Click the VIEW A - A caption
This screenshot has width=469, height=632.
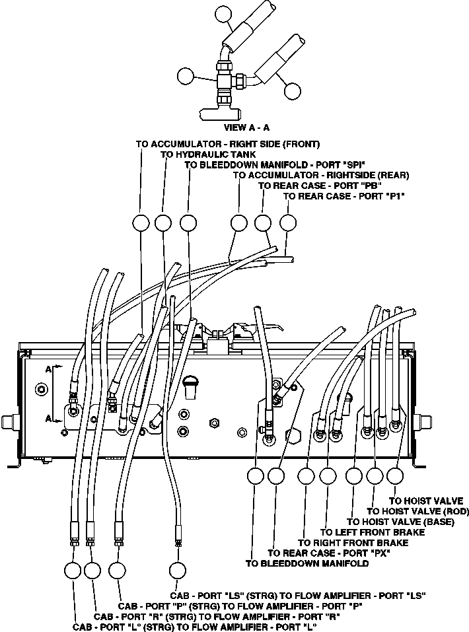point(247,127)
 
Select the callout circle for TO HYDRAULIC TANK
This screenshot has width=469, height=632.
point(163,223)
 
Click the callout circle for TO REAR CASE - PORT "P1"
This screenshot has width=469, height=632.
point(288,223)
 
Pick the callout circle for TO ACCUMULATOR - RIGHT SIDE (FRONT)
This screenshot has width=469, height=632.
point(141,223)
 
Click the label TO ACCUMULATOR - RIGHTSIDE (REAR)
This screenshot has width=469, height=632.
point(321,175)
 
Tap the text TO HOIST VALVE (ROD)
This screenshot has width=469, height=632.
point(417,511)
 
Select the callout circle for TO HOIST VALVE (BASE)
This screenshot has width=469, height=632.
point(355,476)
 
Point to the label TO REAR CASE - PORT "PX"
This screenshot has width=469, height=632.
point(328,553)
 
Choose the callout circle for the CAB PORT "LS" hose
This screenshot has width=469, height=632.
point(177,571)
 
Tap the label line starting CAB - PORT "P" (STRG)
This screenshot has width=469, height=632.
point(240,606)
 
